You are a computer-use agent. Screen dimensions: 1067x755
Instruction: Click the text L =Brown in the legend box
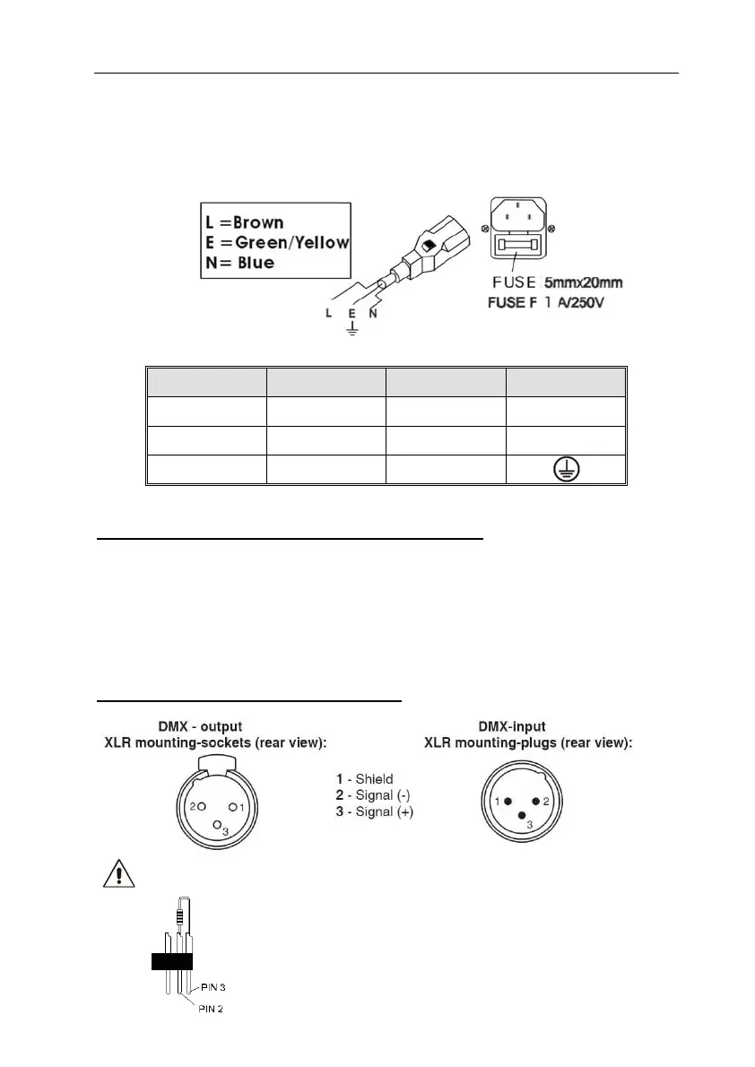click(240, 222)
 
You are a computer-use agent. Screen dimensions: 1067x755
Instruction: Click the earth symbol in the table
click(565, 471)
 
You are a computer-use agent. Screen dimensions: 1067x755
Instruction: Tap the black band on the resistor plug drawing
click(171, 962)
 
